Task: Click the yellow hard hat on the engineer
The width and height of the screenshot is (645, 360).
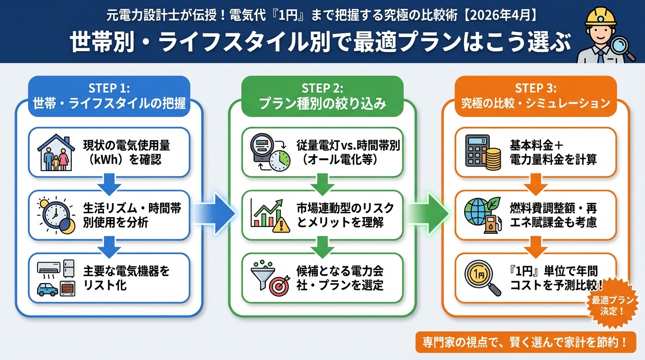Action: (600, 17)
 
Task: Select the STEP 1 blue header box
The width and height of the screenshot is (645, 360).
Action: (109, 96)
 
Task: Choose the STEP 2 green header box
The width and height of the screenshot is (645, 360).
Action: (322, 96)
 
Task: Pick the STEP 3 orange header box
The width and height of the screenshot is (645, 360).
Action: (536, 96)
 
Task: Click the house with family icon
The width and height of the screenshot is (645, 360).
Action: (56, 152)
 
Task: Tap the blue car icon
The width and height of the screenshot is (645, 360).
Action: (47, 289)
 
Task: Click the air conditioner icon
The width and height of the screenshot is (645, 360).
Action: (49, 267)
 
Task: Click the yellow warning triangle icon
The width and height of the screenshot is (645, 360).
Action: (281, 225)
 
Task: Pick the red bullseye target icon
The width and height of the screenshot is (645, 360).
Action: (279, 286)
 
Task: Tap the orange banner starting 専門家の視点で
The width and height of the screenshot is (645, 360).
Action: (526, 342)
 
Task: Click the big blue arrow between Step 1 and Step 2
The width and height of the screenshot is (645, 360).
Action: (214, 214)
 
